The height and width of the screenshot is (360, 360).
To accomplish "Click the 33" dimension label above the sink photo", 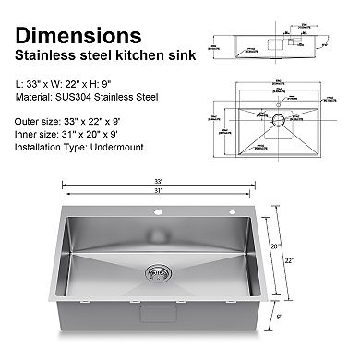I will click(160, 181).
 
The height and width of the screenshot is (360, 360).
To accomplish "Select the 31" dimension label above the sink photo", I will click(160, 191).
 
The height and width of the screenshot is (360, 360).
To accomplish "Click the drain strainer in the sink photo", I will click(158, 273).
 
